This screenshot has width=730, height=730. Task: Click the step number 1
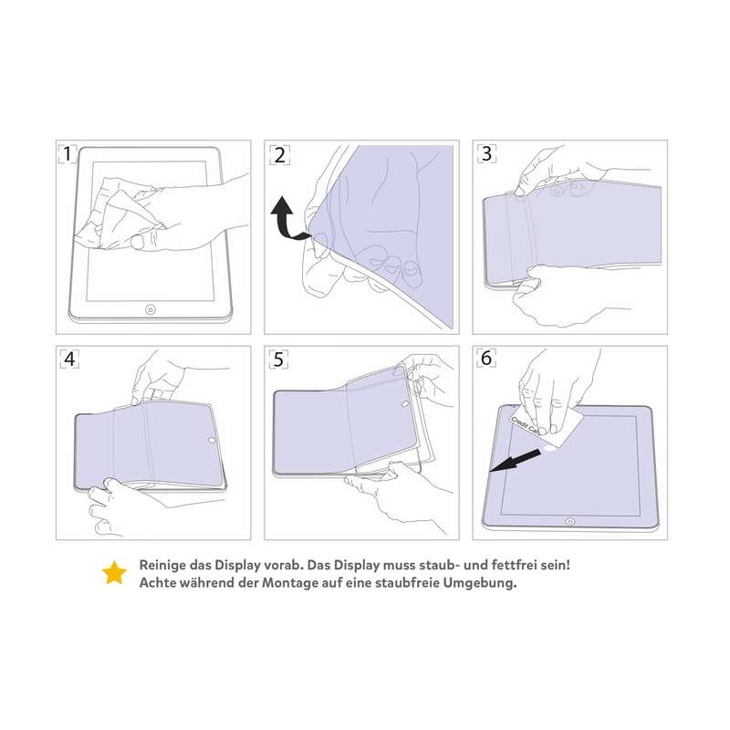pos(68,154)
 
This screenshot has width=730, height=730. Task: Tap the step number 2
pos(279,155)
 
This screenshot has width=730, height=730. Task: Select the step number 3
pos(487,153)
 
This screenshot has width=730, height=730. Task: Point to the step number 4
pos(69,359)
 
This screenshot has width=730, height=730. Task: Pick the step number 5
pos(278,360)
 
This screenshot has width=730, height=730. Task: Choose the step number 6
pos(486,358)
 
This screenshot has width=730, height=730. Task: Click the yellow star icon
pos(115,573)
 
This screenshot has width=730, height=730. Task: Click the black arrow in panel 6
pos(515,461)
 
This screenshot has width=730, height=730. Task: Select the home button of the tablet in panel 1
pos(151,309)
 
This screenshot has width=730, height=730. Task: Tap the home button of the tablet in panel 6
pos(569,521)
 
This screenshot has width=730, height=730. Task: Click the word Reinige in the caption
pos(162,565)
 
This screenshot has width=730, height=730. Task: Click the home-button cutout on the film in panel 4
pos(212,440)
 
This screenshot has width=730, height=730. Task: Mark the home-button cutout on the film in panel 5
pos(405,403)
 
